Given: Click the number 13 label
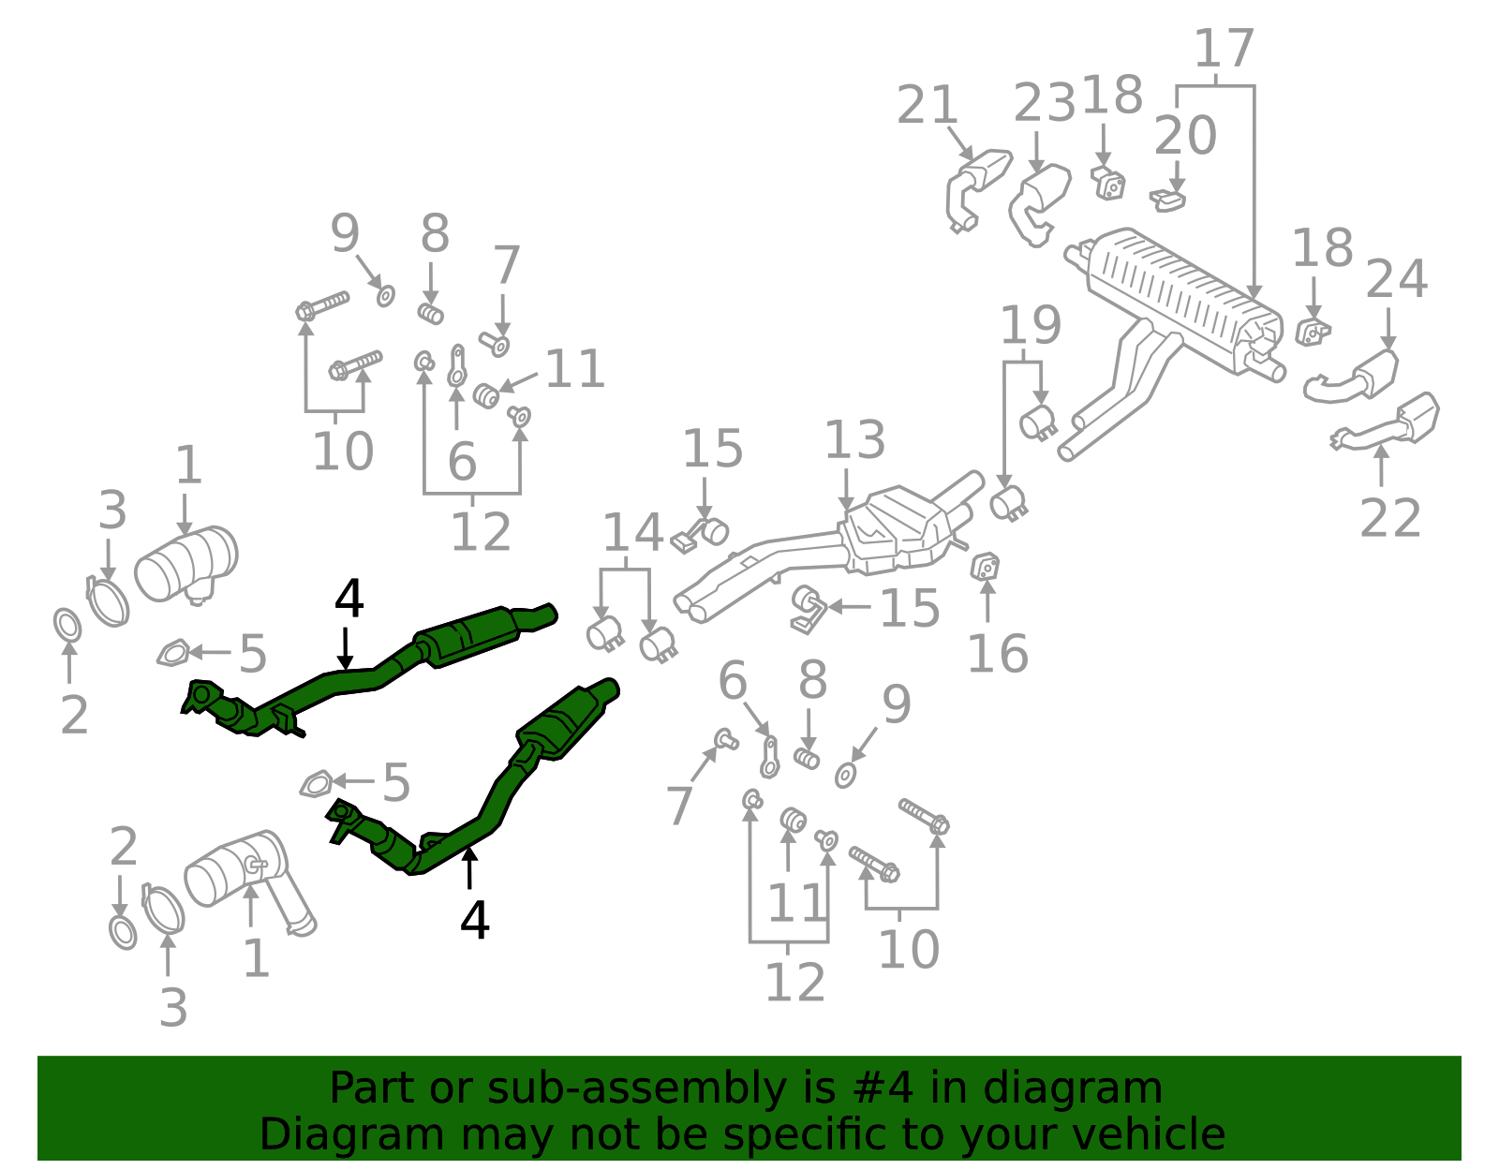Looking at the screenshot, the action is (854, 440).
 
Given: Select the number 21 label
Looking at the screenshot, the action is (928, 105).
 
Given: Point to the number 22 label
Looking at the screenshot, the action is (1390, 518).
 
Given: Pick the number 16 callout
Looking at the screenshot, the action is (998, 654).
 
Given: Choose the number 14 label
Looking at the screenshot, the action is (633, 532).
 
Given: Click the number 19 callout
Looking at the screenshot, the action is (1031, 325).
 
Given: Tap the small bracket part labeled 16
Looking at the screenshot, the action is (985, 567).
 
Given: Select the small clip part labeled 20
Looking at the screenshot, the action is (1167, 200).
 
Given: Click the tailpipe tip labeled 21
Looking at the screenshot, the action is (976, 186).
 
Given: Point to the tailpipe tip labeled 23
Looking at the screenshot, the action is (1039, 202).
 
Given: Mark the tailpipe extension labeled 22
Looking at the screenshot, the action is (1387, 423).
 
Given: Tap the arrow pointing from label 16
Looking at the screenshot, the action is (987, 601).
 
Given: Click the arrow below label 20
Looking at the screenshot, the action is (1177, 176).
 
